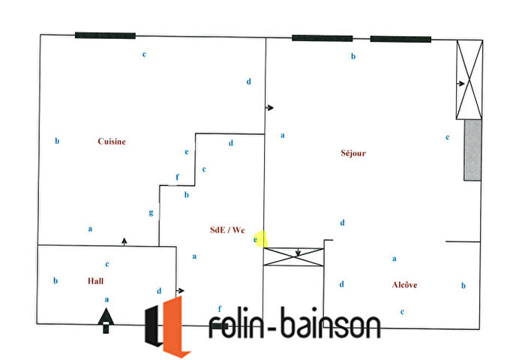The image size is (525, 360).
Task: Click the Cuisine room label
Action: [x=111, y=141]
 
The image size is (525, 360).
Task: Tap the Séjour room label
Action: [x=353, y=153]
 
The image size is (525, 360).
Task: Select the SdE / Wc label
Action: [x=226, y=230]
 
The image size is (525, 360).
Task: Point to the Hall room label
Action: [x=94, y=280]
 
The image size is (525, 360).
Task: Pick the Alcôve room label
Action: [x=404, y=285]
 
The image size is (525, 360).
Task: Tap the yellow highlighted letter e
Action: [x=256, y=239]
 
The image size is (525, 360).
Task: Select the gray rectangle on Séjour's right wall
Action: [x=472, y=150]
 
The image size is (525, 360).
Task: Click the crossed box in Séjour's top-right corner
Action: [x=469, y=79]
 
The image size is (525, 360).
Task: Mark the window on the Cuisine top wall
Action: [x=105, y=35]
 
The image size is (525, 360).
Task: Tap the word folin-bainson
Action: [x=294, y=325]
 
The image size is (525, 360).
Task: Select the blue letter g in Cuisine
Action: [x=151, y=212]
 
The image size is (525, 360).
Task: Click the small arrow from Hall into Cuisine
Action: [x=124, y=240]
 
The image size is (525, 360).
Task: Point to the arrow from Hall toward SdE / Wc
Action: [x=181, y=290]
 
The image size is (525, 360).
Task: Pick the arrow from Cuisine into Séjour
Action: [x=270, y=108]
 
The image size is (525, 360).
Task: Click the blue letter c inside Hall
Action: [x=107, y=264]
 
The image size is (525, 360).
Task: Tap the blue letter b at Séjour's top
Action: [x=353, y=56]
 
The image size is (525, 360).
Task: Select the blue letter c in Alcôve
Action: [x=403, y=311]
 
